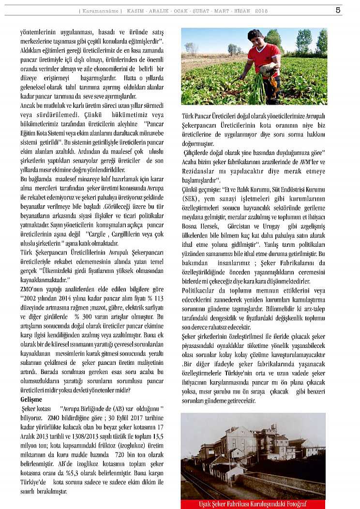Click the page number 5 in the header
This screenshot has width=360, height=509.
tap(338, 10)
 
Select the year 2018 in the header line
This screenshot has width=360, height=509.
tap(261, 11)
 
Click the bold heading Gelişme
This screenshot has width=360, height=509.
tap(31, 400)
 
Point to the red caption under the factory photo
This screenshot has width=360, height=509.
tap(253, 504)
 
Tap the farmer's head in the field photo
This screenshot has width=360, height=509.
tap(255, 36)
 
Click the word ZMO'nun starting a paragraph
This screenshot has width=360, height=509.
tap(32, 289)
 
